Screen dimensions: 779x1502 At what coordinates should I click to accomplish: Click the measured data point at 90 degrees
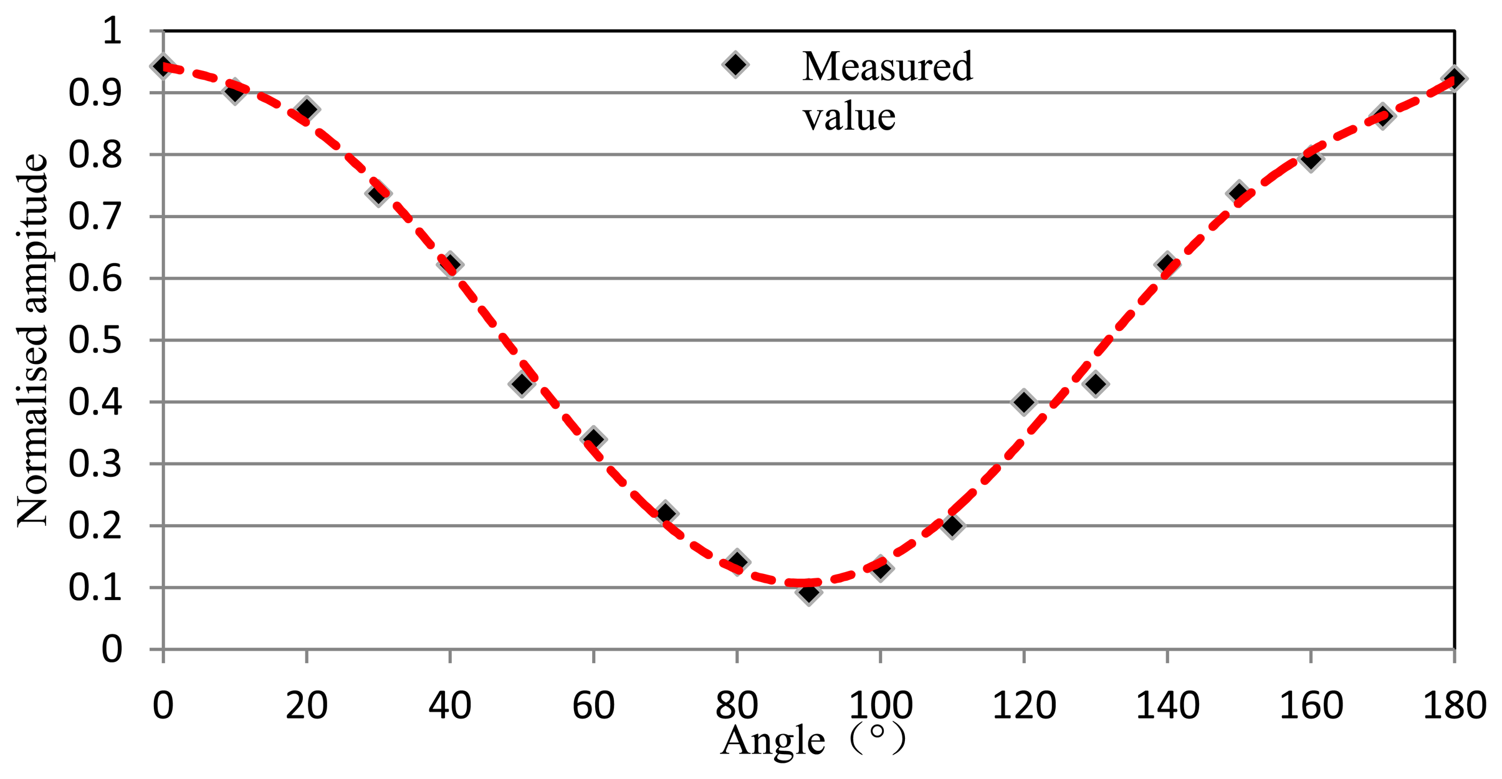(x=808, y=592)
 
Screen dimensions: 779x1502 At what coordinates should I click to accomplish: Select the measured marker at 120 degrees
(x=1023, y=402)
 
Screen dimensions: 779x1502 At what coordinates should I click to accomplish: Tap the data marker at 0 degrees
(x=163, y=67)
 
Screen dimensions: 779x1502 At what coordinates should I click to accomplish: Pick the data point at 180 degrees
(x=1454, y=79)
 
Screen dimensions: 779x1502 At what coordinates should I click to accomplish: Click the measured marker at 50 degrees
(x=522, y=384)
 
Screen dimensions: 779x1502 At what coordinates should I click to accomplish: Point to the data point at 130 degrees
(x=1096, y=384)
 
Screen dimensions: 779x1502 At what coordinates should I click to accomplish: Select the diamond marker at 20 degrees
(x=307, y=109)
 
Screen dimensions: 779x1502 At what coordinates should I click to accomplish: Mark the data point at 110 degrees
(x=952, y=525)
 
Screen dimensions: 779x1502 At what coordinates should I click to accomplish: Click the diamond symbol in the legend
(x=735, y=64)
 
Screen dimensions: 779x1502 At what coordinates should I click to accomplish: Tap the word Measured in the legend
(x=887, y=67)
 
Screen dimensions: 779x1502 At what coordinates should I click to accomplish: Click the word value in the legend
(x=849, y=117)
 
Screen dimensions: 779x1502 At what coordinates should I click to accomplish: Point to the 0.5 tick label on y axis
(x=95, y=340)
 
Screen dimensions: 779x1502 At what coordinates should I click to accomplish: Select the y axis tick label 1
(x=112, y=31)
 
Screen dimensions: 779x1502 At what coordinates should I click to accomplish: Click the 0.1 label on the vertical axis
(x=95, y=588)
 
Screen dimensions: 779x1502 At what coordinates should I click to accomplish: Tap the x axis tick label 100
(x=881, y=706)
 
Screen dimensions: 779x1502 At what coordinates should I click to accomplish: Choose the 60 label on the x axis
(x=593, y=706)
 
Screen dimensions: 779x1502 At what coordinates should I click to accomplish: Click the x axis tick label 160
(x=1311, y=706)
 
